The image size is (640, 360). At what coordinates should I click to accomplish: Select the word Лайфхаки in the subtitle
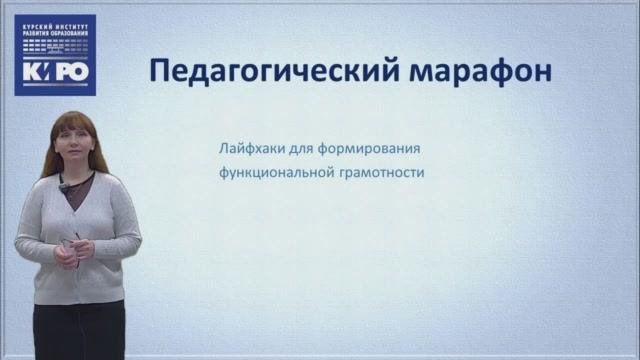250,149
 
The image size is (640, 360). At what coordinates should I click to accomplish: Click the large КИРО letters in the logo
55,72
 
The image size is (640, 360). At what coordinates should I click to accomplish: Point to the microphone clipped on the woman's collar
62,186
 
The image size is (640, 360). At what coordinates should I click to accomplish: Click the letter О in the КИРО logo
81,72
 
